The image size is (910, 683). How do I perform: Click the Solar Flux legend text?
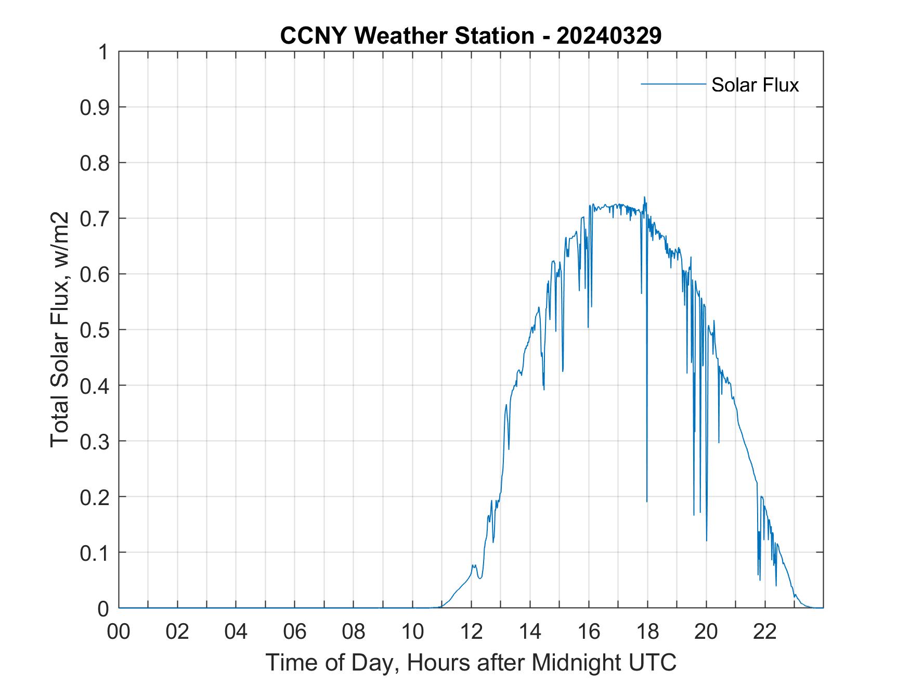(x=755, y=85)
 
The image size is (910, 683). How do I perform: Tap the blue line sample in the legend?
(x=673, y=84)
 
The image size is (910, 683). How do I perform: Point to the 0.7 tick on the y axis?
(x=96, y=218)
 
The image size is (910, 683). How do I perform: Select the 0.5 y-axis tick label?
(x=96, y=330)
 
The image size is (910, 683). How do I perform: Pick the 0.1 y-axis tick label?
(x=96, y=552)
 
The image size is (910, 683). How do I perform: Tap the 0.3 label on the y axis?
(x=96, y=441)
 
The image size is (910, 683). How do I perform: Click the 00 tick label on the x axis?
(x=119, y=632)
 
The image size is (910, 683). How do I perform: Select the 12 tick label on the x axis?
(x=471, y=632)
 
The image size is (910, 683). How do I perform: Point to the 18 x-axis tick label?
(x=647, y=632)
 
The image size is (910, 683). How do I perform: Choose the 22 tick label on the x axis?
(x=765, y=632)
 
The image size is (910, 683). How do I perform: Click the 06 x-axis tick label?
(x=295, y=632)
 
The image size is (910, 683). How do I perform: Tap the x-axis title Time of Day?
(x=471, y=662)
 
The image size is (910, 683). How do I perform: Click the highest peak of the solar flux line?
(x=644, y=197)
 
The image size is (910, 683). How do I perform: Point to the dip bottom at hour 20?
(x=706, y=540)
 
